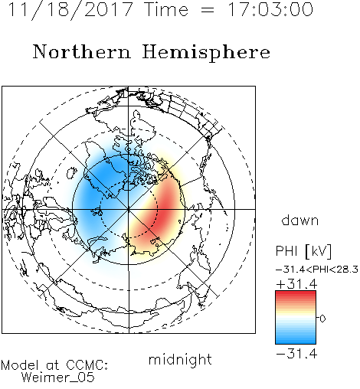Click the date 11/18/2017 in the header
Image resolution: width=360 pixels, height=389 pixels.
[70, 10]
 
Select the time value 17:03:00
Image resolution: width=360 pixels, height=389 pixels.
[270, 9]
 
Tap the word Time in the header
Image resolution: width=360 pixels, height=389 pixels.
[166, 9]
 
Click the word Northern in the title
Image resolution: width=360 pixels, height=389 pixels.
[81, 51]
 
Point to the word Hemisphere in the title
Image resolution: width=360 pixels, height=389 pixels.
[206, 53]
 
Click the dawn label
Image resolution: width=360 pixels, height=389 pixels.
[300, 220]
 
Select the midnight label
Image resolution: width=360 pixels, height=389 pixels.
[180, 359]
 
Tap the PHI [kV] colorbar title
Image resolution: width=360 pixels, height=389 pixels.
[303, 251]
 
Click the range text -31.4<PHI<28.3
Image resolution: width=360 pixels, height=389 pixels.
[317, 269]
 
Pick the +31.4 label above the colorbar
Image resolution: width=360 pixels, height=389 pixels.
[296, 284]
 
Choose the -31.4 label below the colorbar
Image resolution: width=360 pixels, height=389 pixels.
[296, 354]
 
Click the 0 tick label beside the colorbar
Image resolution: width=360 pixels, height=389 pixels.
[322, 319]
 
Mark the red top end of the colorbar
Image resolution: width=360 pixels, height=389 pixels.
[296, 293]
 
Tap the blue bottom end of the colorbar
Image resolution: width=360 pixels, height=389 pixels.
[296, 342]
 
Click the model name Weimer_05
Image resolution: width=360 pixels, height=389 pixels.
[58, 378]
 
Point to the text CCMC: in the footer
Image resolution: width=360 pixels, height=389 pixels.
[87, 365]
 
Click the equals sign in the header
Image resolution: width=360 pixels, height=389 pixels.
[208, 10]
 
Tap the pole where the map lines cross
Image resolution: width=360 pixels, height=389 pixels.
[129, 209]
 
